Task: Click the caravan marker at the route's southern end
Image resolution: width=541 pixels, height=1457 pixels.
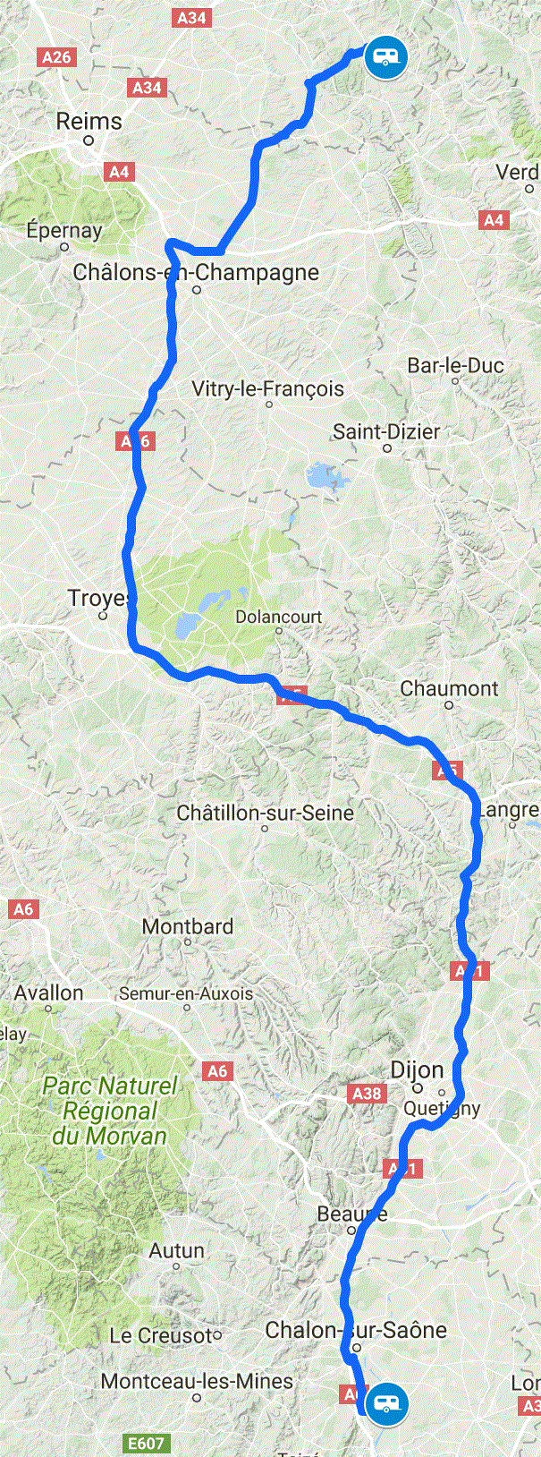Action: (x=386, y=1403)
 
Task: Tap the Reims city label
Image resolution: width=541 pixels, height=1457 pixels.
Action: (x=89, y=121)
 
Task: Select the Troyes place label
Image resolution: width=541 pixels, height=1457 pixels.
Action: (x=99, y=598)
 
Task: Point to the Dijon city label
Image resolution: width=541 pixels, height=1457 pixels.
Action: (x=417, y=1069)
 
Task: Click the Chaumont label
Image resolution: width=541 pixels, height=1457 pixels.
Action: (x=449, y=688)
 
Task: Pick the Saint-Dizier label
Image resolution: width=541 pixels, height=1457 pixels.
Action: (x=386, y=431)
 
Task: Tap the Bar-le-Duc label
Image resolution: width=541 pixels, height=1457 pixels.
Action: (x=455, y=365)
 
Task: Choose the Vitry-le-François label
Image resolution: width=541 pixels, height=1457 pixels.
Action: (x=267, y=388)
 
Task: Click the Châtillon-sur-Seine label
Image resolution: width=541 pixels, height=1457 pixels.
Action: (x=265, y=813)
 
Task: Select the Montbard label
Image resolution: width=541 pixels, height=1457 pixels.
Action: (x=188, y=926)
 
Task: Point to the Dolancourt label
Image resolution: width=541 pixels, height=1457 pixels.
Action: (x=278, y=617)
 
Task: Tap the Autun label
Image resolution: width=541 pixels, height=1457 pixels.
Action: (x=176, y=1250)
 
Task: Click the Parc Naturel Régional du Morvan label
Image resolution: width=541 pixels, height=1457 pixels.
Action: (x=110, y=1111)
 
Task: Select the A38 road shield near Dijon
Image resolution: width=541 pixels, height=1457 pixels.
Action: (x=367, y=1093)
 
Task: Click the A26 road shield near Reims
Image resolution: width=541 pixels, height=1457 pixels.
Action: (x=56, y=57)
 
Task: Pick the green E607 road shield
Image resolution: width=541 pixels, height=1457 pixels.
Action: (x=145, y=1444)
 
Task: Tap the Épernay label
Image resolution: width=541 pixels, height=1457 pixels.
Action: (x=63, y=230)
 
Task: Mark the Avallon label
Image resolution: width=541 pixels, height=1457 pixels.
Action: (x=48, y=993)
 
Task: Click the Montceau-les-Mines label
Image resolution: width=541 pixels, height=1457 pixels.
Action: (x=197, y=1381)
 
